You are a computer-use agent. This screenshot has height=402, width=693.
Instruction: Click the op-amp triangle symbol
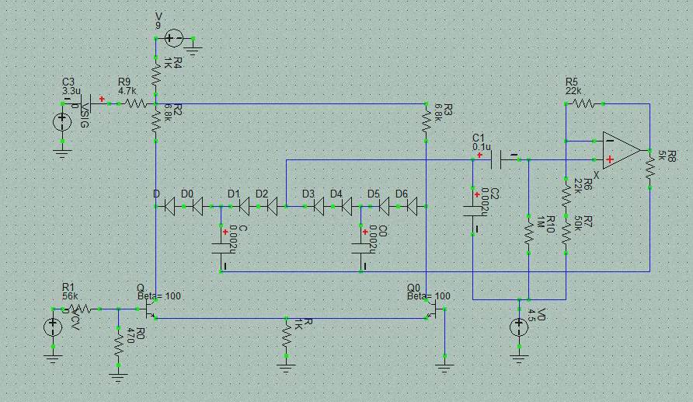620,149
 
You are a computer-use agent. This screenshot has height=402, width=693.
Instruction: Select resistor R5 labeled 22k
585,103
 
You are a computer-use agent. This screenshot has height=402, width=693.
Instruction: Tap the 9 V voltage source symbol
173,37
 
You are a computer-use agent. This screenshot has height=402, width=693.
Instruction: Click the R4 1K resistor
156,75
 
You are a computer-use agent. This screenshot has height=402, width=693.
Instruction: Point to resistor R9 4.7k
136,103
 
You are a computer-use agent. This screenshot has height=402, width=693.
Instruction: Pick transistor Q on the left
151,309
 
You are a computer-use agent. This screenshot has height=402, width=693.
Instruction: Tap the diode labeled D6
411,206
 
